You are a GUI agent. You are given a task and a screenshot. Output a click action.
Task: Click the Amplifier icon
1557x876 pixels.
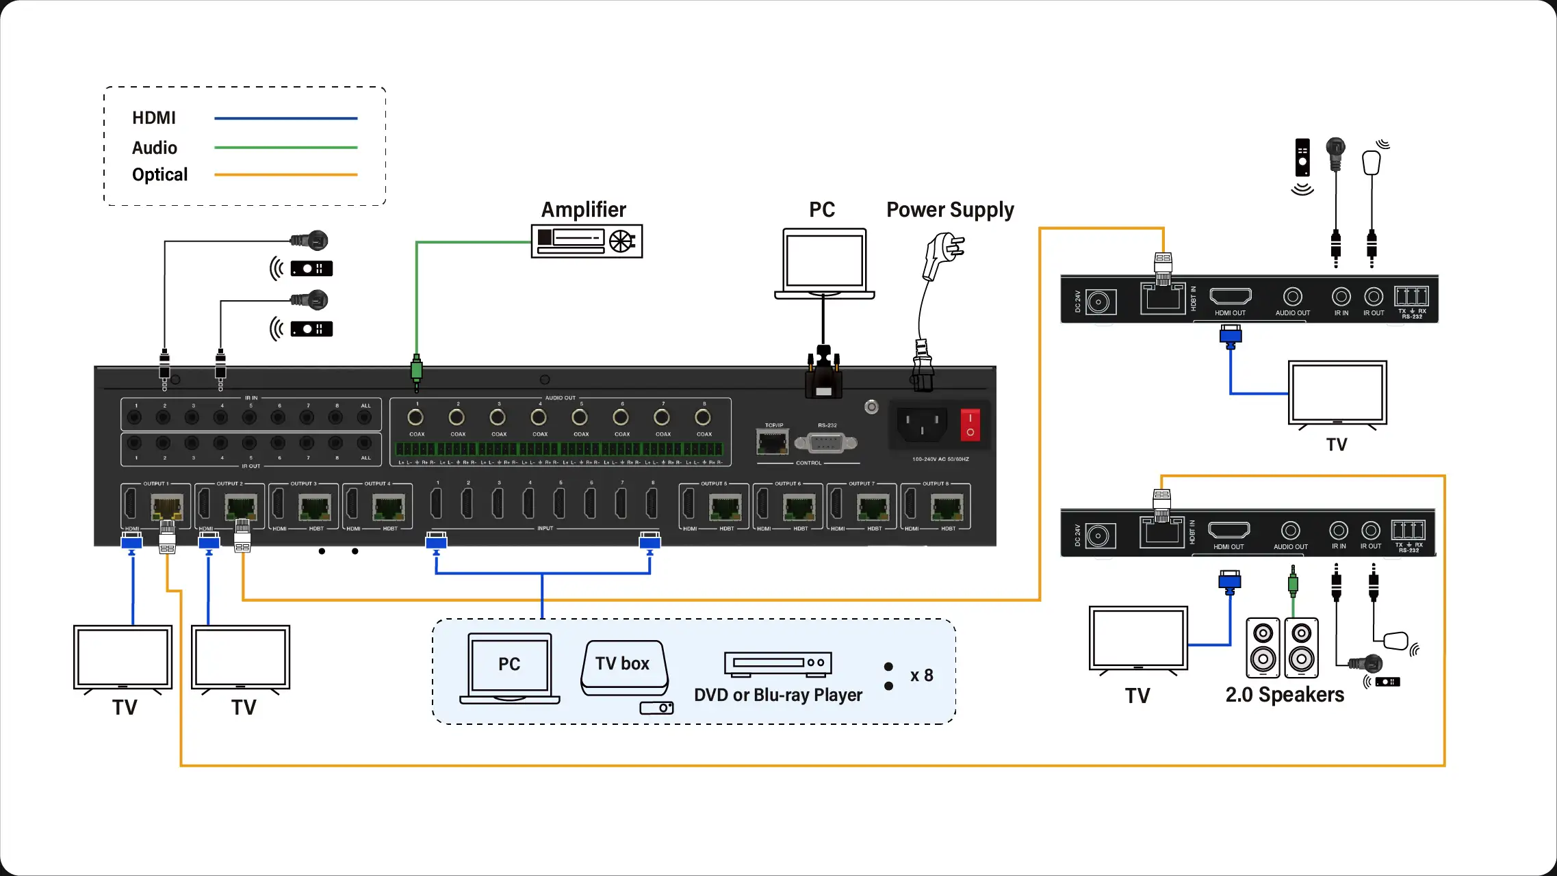click(587, 241)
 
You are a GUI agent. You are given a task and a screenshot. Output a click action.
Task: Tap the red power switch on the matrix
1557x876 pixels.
click(970, 425)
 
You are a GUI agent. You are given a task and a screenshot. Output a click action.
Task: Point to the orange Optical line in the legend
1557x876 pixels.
click(285, 175)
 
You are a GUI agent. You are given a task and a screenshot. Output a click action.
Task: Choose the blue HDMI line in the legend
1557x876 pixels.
click(285, 118)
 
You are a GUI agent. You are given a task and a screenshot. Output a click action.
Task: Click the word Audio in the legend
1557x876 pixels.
click(155, 148)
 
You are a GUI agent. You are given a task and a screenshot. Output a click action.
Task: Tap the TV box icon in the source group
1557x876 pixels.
click(623, 669)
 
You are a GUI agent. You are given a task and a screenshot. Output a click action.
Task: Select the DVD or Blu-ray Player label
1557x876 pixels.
click(777, 695)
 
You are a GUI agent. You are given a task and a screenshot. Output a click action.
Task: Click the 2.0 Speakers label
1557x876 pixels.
click(1284, 695)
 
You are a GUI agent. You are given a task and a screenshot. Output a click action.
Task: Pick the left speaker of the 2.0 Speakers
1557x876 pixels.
click(1263, 647)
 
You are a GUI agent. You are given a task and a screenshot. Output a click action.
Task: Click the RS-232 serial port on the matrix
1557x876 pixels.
click(826, 443)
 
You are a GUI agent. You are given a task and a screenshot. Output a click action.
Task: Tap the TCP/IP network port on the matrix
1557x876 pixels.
click(773, 442)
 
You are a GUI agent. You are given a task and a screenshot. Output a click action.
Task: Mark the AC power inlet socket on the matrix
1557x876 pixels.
click(922, 425)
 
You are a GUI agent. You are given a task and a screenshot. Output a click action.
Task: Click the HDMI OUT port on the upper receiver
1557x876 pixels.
click(1230, 296)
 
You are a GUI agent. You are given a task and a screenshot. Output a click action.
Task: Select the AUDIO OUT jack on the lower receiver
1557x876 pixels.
click(1290, 531)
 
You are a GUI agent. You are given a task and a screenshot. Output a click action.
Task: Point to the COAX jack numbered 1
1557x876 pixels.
click(415, 417)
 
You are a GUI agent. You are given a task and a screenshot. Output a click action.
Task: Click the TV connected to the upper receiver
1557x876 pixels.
click(1337, 395)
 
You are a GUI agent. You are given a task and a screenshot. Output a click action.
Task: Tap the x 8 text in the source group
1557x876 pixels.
click(921, 676)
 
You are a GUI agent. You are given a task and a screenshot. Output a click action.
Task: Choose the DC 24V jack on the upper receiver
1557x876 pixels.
click(1098, 302)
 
